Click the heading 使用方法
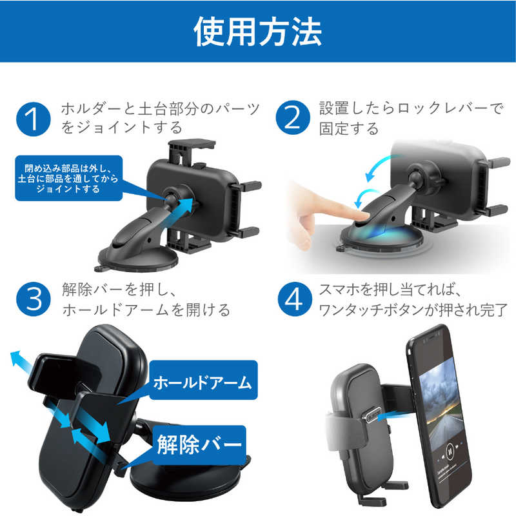(x=258, y=32)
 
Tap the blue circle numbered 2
(x=292, y=119)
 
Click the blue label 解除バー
(x=199, y=444)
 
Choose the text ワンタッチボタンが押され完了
(x=413, y=310)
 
